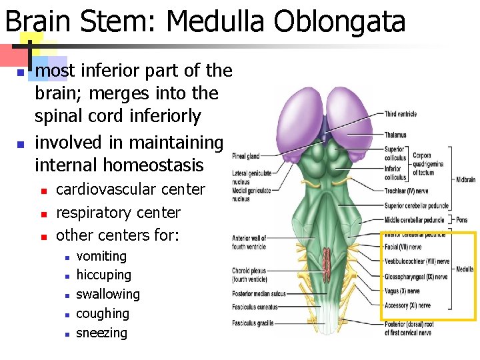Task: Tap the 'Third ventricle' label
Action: point(400,114)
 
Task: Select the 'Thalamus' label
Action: point(395,135)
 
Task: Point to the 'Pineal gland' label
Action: point(245,157)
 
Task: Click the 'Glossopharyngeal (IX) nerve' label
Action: point(416,277)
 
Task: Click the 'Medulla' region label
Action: point(465,269)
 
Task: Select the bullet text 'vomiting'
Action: point(101,256)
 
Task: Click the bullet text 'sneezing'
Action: point(101,333)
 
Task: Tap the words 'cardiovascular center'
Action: point(131,189)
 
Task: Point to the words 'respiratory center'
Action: point(118,213)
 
